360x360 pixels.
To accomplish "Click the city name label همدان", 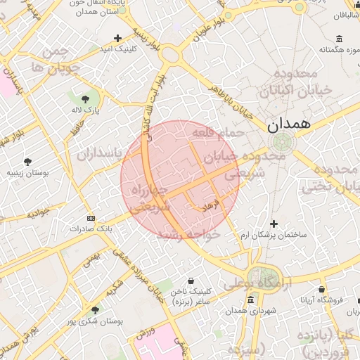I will [x=288, y=124].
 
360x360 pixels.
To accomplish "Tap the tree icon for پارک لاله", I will [x=86, y=99].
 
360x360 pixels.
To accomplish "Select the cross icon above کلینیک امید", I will [x=117, y=38].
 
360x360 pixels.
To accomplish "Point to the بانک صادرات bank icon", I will [x=89, y=219].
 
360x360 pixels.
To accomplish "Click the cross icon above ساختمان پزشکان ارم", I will [x=274, y=224].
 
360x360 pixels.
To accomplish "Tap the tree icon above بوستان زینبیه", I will [x=27, y=162].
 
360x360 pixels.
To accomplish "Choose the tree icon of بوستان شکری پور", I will [x=95, y=309].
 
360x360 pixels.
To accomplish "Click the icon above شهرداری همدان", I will [x=251, y=300].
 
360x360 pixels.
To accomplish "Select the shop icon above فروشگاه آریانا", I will [x=321, y=289].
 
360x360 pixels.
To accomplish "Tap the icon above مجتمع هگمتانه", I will [x=340, y=38].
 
